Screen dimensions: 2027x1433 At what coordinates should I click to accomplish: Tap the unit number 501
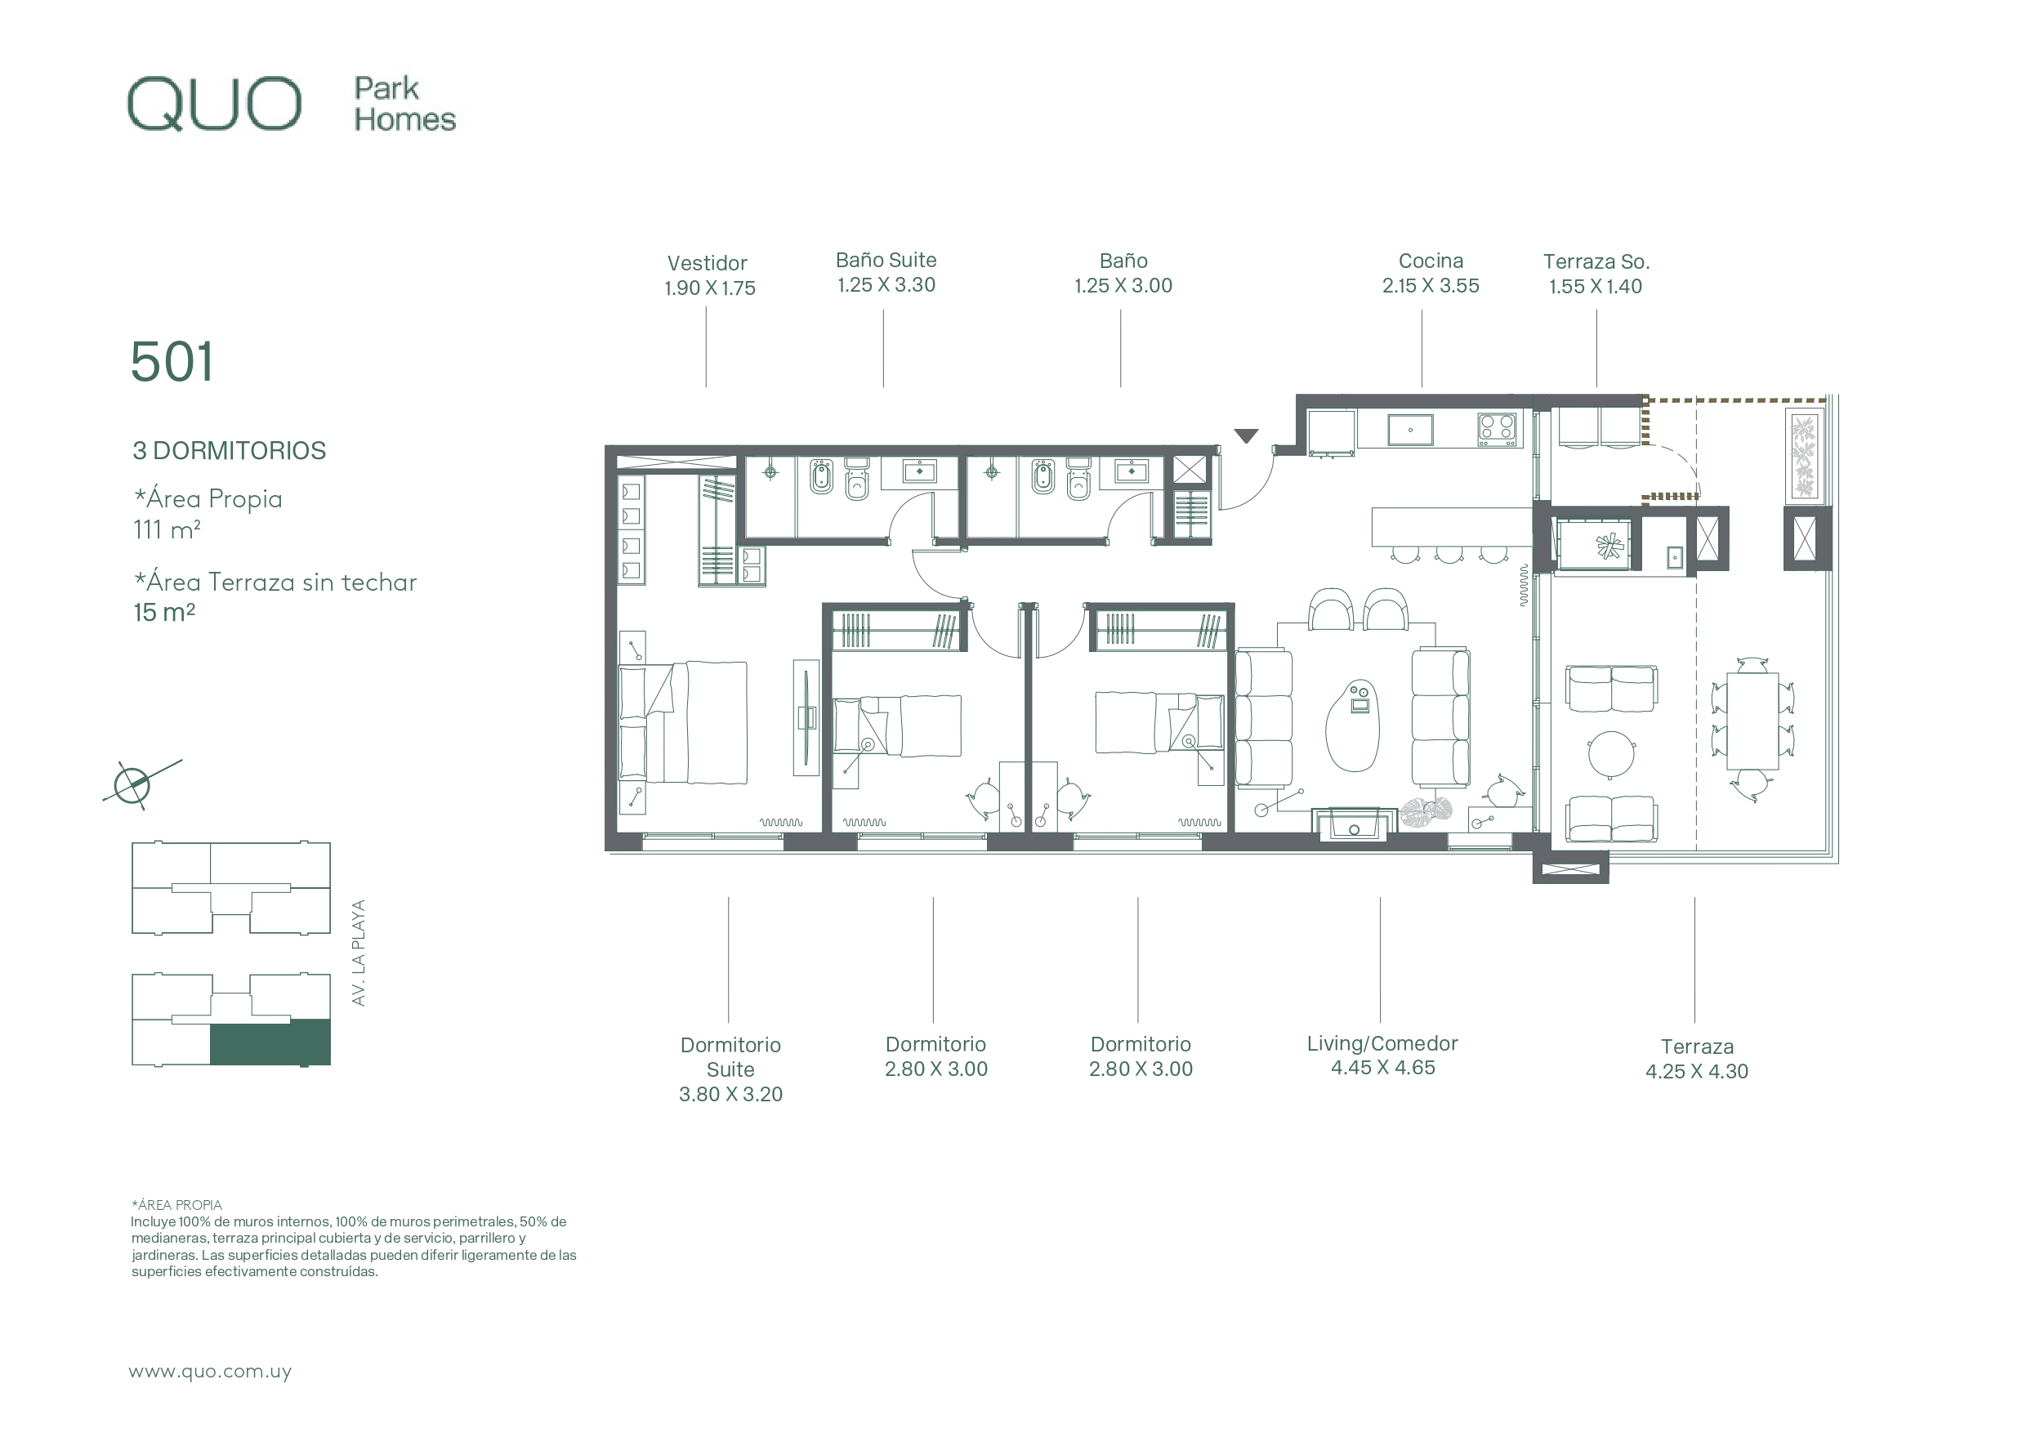click(x=172, y=362)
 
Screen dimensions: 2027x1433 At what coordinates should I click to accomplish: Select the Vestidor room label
click(x=708, y=263)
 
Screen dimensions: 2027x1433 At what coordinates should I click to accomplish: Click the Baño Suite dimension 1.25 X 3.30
click(x=886, y=285)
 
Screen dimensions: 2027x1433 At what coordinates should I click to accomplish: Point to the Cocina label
click(x=1431, y=261)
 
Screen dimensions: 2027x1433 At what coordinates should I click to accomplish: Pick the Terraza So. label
click(x=1596, y=261)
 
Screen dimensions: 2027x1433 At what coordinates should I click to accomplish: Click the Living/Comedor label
click(x=1382, y=1043)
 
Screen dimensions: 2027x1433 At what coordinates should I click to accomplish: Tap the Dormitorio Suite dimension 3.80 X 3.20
click(x=730, y=1095)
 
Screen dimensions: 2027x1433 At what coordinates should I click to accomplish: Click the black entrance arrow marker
click(x=1246, y=435)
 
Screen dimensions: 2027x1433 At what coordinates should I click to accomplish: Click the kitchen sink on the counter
click(x=1410, y=430)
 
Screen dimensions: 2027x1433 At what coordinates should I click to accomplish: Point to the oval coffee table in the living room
click(x=1351, y=725)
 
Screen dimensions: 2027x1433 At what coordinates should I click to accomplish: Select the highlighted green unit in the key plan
click(x=270, y=1042)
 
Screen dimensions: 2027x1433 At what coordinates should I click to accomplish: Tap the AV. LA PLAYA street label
click(x=359, y=952)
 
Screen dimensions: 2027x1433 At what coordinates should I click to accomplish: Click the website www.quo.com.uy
click(x=210, y=1371)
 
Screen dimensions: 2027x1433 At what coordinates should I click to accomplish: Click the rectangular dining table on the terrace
click(x=1752, y=721)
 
